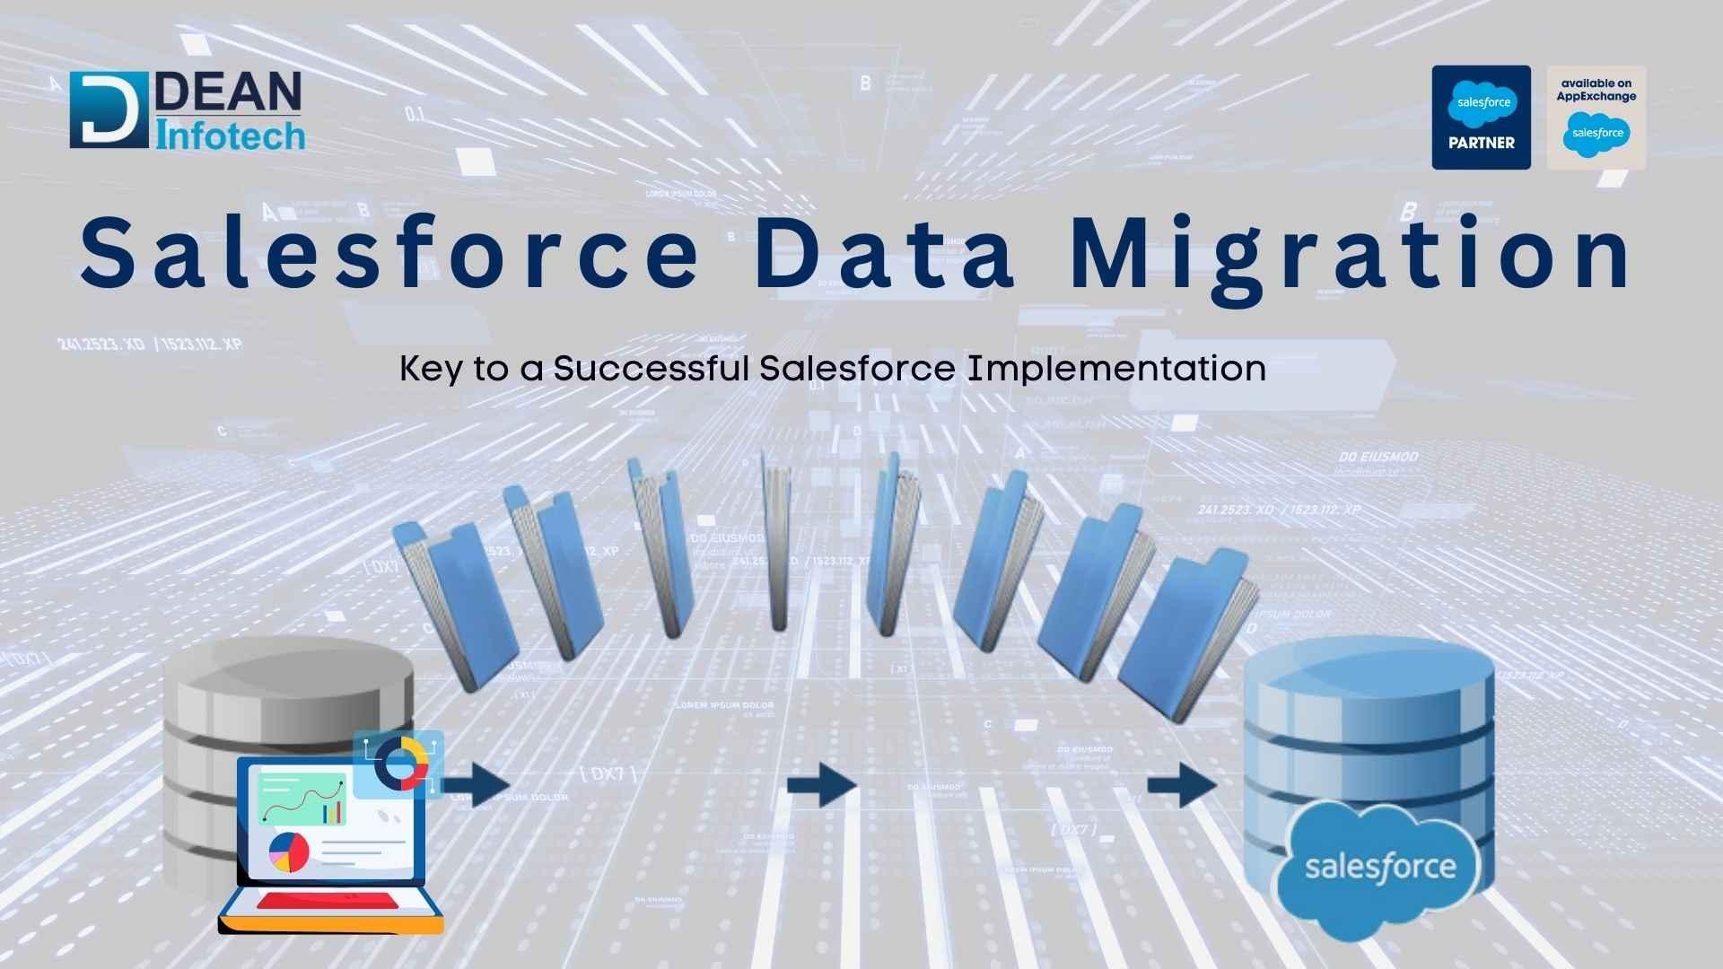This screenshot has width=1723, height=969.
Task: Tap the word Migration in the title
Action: click(1350, 255)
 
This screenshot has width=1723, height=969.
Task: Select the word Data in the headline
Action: click(884, 253)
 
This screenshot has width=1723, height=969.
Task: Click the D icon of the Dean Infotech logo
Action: click(109, 110)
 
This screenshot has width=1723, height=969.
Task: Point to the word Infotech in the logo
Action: click(231, 135)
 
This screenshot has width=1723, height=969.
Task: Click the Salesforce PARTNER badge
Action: click(1481, 118)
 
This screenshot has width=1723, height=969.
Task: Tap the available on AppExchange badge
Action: click(1596, 118)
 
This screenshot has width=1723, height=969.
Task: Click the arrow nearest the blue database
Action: click(1181, 786)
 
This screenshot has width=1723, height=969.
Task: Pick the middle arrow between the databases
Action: click(820, 786)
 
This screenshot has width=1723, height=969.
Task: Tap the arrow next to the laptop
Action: click(485, 786)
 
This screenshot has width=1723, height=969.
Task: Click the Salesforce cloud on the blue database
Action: click(1380, 867)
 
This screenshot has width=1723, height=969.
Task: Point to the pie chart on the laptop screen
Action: click(289, 851)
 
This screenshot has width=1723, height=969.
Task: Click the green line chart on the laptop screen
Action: click(302, 799)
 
